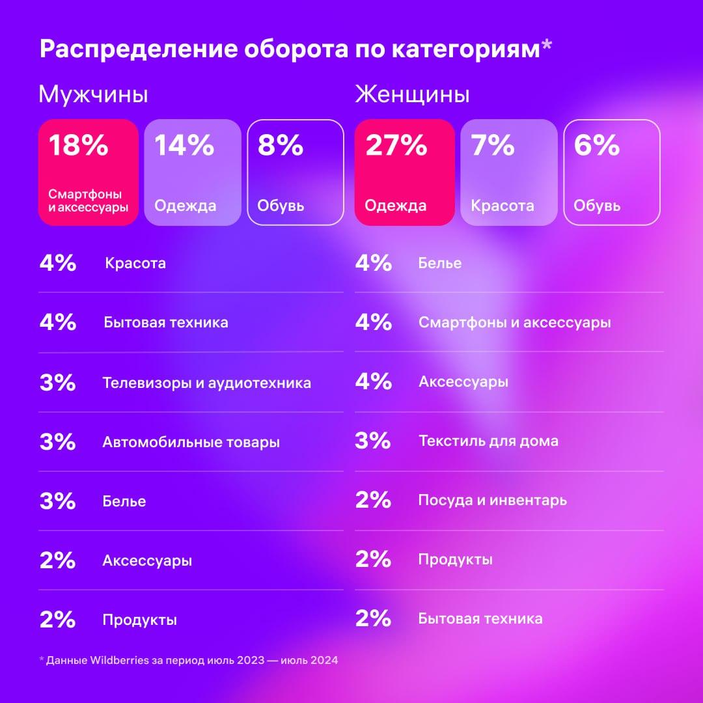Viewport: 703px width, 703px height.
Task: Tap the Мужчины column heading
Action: (x=93, y=95)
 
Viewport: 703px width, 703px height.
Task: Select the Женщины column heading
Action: (x=412, y=95)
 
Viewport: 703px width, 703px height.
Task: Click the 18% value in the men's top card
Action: (x=78, y=145)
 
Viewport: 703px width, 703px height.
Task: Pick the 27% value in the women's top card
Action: (x=396, y=145)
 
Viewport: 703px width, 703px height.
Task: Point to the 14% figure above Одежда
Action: (x=184, y=145)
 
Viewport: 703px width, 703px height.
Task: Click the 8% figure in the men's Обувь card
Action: (x=281, y=145)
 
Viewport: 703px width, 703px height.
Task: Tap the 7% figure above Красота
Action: (x=493, y=145)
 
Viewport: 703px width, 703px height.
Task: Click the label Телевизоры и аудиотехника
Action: (x=206, y=383)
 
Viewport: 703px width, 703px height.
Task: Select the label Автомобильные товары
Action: (x=191, y=443)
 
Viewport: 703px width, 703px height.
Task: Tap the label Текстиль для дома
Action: (x=488, y=441)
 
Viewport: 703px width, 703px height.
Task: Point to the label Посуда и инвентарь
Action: (x=492, y=501)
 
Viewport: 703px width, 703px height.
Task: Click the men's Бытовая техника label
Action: (x=165, y=323)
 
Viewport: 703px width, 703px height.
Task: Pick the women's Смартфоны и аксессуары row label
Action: (x=514, y=323)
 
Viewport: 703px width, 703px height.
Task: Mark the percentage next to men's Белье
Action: (x=57, y=501)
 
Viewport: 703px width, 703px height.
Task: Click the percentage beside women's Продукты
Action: (x=373, y=560)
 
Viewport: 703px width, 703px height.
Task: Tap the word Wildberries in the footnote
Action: (x=111, y=660)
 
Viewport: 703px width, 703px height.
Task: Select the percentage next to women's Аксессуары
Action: (x=373, y=382)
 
